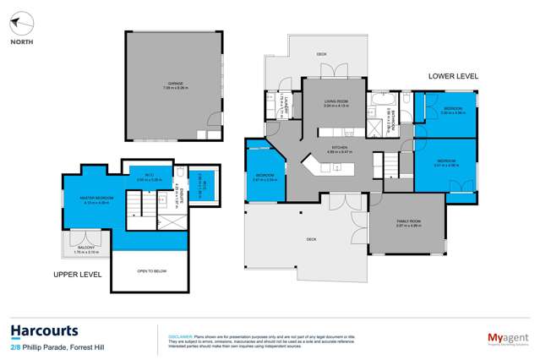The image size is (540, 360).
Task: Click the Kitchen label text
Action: tap(340, 150)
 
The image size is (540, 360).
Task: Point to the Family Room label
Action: tap(409, 224)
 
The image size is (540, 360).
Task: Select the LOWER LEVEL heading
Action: tap(453, 76)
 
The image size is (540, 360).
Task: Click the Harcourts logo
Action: tap(45, 330)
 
